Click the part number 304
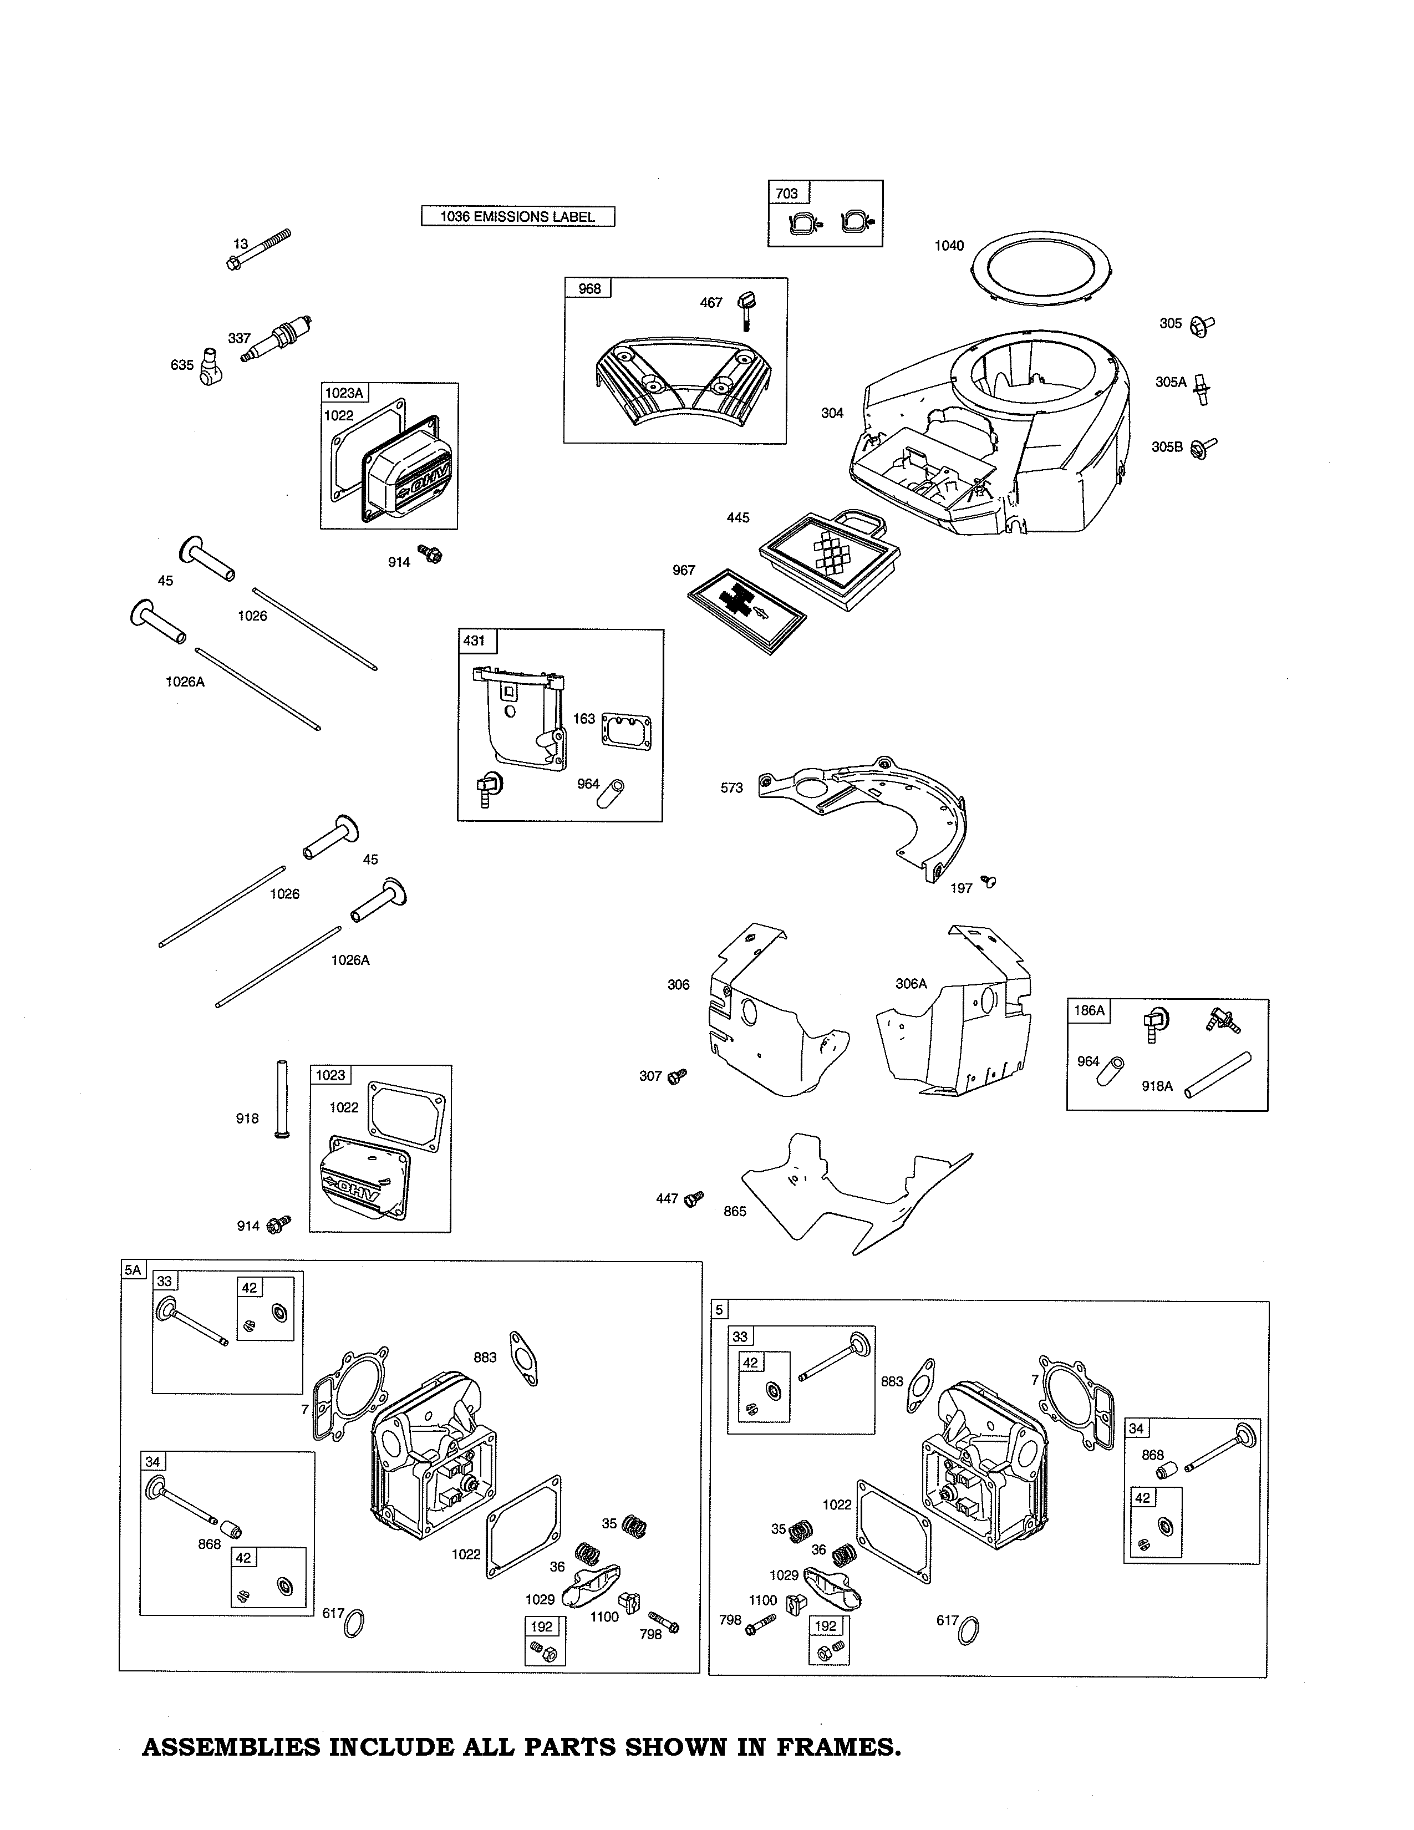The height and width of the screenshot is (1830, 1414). [831, 413]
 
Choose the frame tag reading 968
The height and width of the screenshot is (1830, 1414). [589, 288]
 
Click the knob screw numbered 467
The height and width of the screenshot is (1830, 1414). [745, 309]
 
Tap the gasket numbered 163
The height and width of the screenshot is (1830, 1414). [625, 731]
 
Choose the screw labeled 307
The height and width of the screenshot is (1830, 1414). [677, 1075]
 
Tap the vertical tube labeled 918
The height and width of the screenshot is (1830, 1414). [280, 1099]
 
